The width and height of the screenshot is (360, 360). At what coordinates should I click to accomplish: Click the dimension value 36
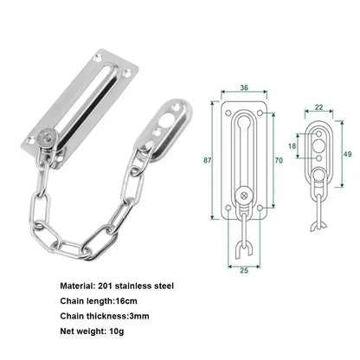tap(244, 87)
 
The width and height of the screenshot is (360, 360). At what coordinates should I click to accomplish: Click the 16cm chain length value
tap(138, 300)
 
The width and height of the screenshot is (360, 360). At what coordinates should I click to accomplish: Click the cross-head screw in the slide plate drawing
tap(244, 196)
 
